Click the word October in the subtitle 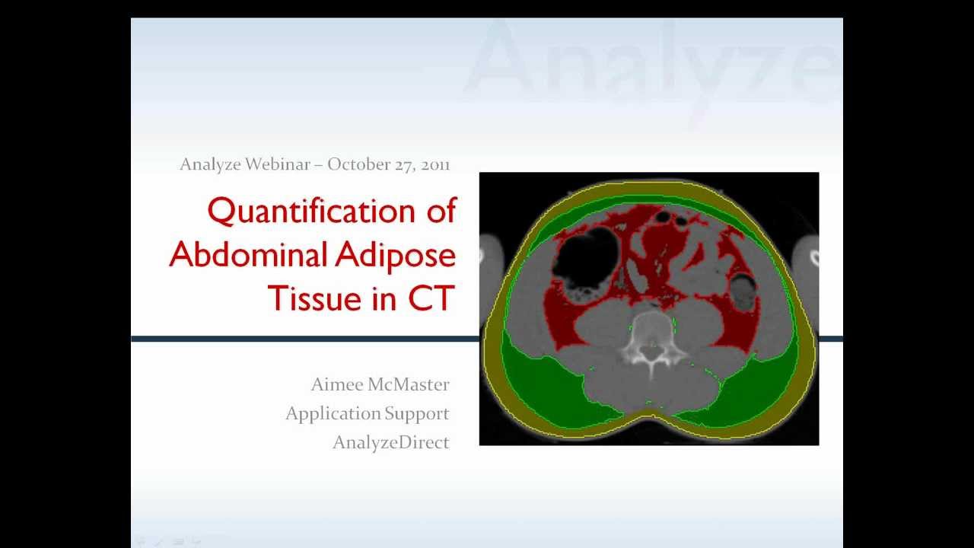click(x=359, y=164)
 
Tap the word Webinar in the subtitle click(x=277, y=164)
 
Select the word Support click(x=417, y=414)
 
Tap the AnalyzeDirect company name click(x=391, y=442)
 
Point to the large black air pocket click(x=584, y=254)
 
